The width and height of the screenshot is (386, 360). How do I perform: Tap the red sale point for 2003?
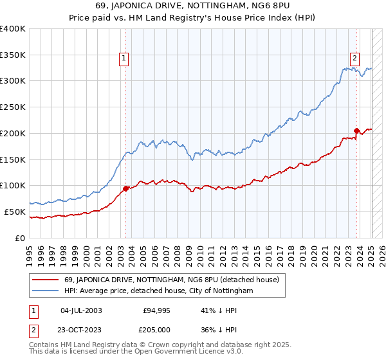tap(125, 188)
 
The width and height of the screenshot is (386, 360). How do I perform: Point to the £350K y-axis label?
tap(13, 55)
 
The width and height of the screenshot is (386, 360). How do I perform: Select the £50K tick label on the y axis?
tap(15, 212)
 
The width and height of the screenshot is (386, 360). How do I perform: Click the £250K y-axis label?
tap(13, 107)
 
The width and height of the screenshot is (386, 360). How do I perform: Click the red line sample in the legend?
tap(45, 280)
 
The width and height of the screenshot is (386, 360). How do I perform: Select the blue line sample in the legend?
tap(45, 291)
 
